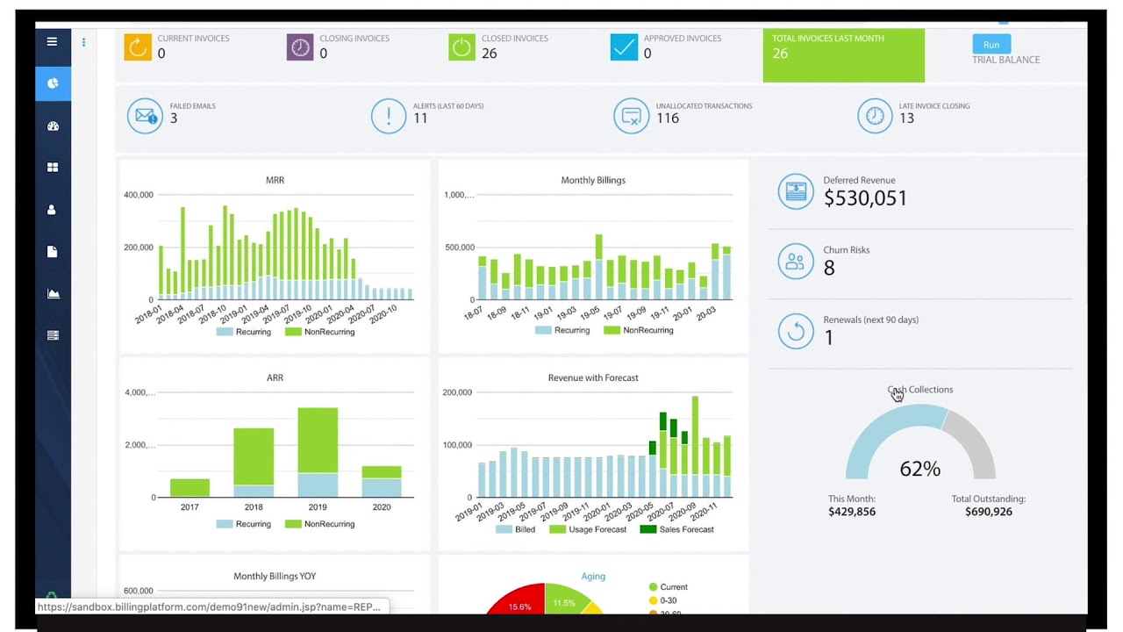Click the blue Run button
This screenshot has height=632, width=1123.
point(991,45)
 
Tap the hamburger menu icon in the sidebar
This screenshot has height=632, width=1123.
point(53,41)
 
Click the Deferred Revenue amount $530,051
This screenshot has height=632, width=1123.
point(865,198)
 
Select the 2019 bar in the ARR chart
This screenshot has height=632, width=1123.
point(318,452)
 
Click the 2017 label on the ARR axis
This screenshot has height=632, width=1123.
point(190,507)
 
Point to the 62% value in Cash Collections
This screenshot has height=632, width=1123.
point(919,469)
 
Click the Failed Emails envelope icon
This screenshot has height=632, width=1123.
point(145,116)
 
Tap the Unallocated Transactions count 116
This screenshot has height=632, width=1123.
point(668,118)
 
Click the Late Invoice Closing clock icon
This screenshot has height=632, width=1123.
point(874,116)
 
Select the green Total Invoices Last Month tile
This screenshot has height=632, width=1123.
point(843,55)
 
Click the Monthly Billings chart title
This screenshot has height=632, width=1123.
point(593,180)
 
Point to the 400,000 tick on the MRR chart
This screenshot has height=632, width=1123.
point(139,195)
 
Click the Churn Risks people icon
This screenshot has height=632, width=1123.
point(796,262)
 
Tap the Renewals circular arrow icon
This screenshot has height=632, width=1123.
point(796,331)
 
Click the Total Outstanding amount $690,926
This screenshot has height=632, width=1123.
point(988,512)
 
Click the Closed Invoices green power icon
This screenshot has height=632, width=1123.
point(461,47)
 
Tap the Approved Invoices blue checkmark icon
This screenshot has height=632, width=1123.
point(624,47)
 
